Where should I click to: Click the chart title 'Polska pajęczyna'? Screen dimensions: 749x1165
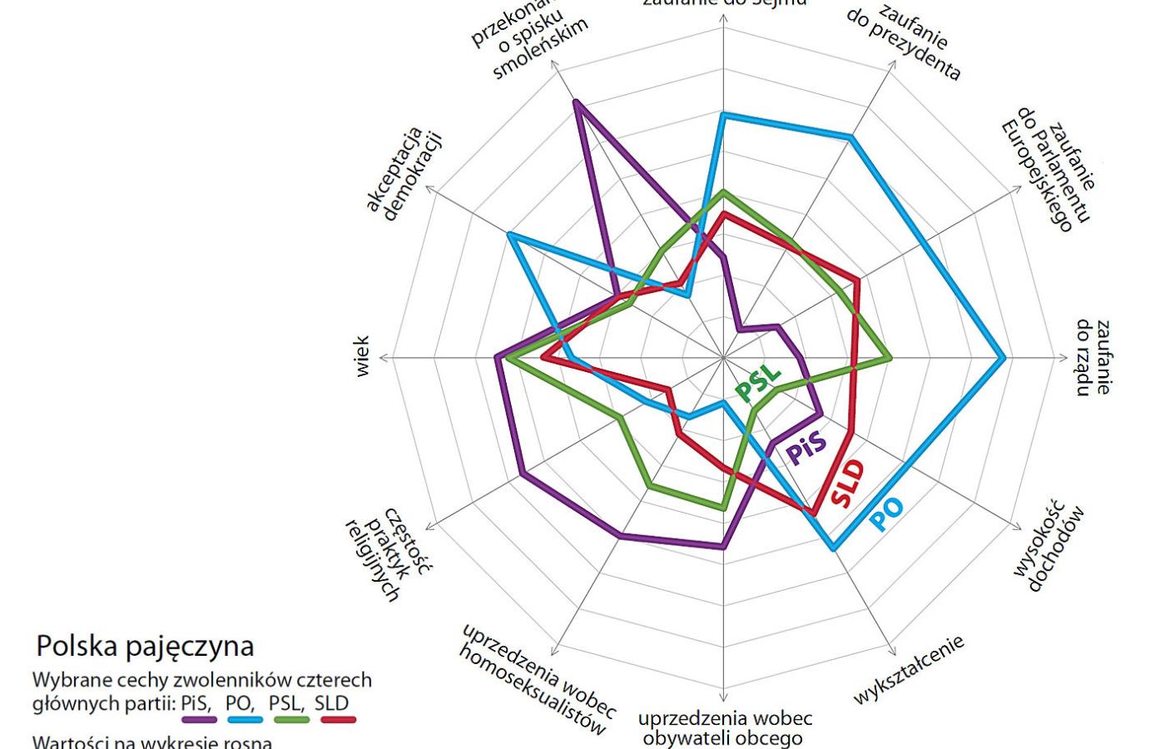tap(145, 647)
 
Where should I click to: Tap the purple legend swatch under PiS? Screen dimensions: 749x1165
tap(199, 719)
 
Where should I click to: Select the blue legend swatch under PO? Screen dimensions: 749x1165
tap(245, 719)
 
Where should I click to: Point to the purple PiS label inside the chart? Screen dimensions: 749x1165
tap(807, 448)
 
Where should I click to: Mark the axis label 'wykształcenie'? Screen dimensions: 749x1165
tap(908, 670)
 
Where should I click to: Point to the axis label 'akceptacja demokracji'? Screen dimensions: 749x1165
tap(404, 174)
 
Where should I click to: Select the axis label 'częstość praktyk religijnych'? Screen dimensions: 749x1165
tap(388, 553)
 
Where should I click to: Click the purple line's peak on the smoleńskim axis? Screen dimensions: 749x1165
tap(576, 102)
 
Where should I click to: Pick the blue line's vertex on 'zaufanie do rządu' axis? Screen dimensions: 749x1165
tap(1005, 358)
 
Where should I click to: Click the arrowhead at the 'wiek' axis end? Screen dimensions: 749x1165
tap(384, 358)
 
